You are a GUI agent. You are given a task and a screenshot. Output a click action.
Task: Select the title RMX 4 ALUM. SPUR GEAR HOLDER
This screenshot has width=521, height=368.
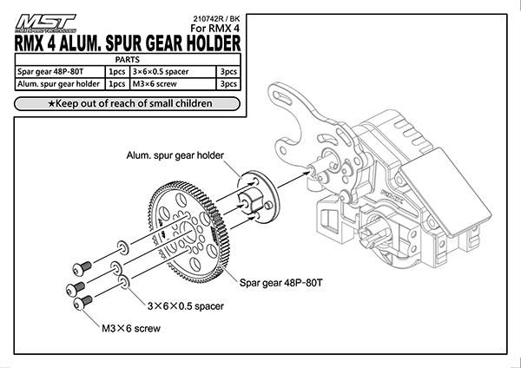tap(128, 43)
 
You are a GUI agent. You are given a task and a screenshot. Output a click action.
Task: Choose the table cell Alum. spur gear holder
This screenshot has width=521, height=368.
tap(57, 84)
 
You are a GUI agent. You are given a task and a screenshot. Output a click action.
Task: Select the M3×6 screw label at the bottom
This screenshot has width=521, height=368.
tap(129, 330)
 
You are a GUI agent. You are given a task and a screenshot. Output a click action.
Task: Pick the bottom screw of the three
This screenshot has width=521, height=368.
tap(82, 303)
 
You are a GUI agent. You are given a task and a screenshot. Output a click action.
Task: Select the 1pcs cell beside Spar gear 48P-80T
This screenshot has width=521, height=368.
tap(115, 71)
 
